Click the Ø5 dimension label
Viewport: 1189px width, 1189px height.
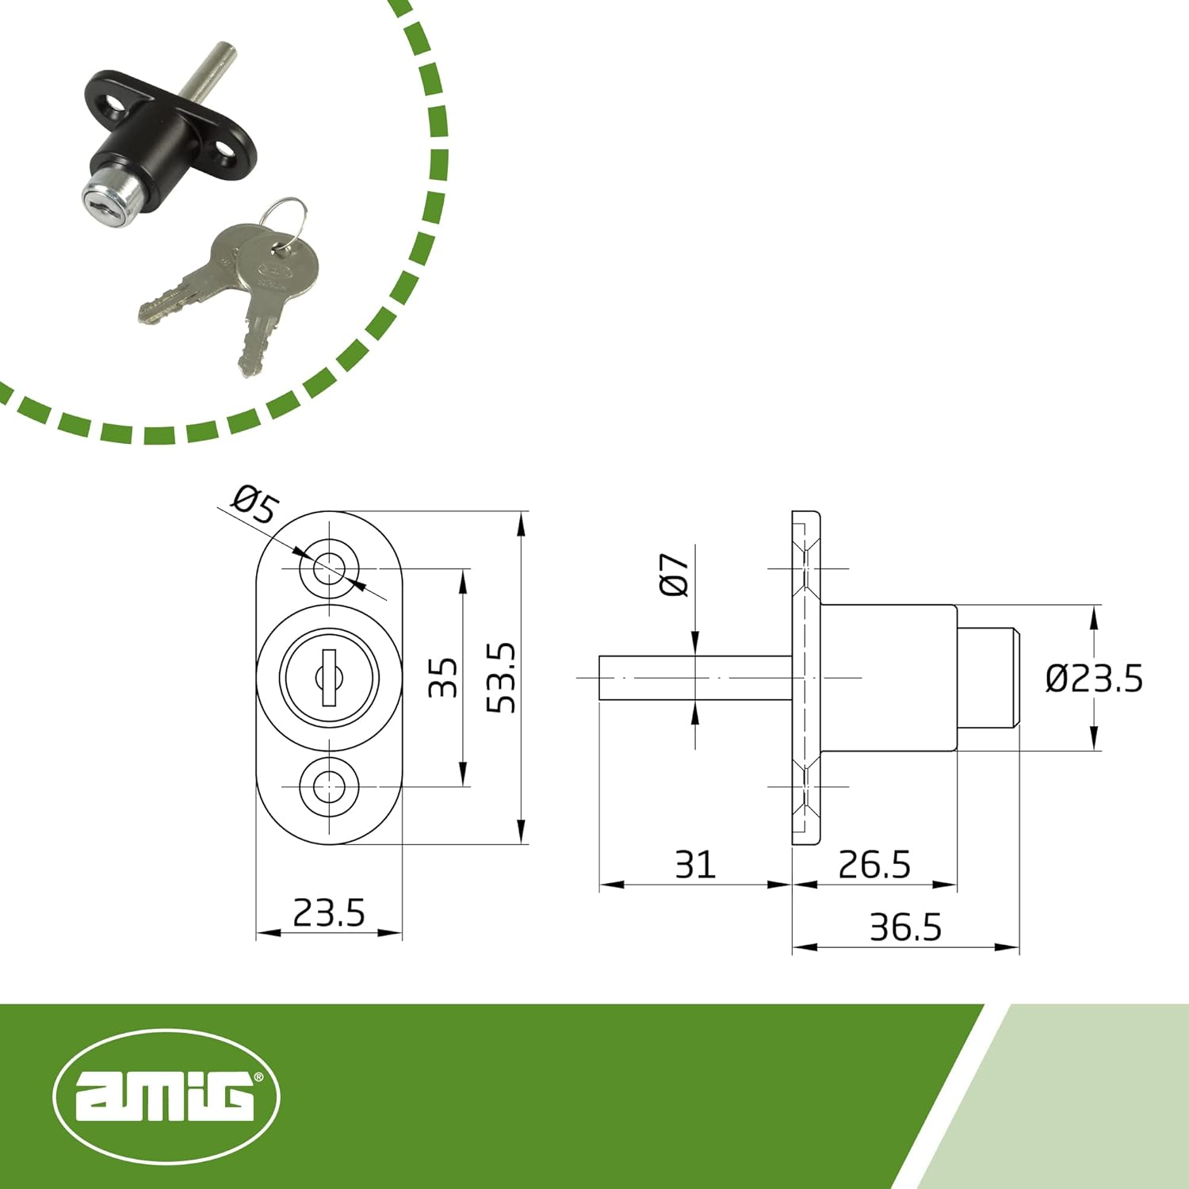point(255,505)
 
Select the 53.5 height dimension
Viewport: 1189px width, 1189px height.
point(501,678)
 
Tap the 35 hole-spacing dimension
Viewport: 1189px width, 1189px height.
point(443,678)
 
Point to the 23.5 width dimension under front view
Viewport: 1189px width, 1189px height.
point(329,913)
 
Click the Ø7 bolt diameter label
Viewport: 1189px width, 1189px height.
point(675,575)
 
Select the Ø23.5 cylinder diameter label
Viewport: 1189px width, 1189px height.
point(1094,679)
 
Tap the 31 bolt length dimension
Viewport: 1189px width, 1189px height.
point(695,864)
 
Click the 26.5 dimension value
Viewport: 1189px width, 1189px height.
point(874,864)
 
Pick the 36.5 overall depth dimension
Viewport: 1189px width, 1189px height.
point(905,927)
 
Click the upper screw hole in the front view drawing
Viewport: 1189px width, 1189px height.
point(329,568)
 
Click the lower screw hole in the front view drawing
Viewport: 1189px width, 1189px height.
point(329,787)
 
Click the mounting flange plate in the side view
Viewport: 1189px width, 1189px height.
point(805,678)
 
